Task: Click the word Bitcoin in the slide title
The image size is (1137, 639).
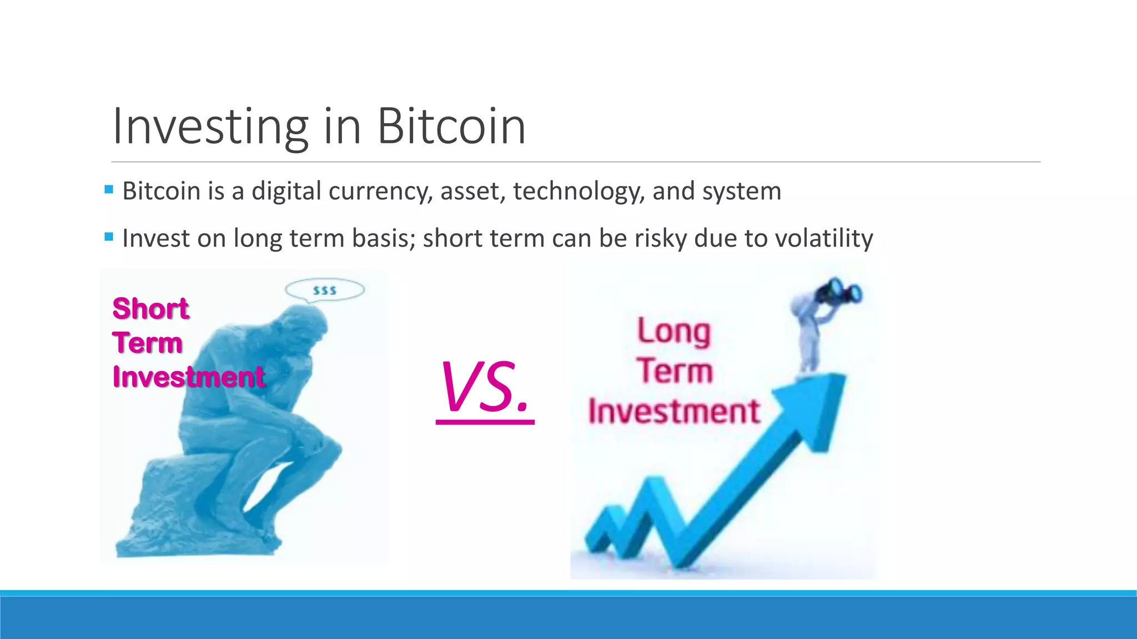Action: click(451, 126)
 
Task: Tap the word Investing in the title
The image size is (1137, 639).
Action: click(210, 128)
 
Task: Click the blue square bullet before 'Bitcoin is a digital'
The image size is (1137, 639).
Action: click(109, 190)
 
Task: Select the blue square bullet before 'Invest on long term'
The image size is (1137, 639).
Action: click(109, 237)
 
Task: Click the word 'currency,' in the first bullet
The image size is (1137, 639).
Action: click(380, 191)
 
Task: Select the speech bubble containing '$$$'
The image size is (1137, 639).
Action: click(325, 290)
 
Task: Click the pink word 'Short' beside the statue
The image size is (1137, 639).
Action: click(150, 308)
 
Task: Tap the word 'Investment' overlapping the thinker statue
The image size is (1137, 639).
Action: click(189, 377)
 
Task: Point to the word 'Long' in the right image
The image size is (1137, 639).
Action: click(673, 332)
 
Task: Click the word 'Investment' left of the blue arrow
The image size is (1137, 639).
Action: click(673, 412)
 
